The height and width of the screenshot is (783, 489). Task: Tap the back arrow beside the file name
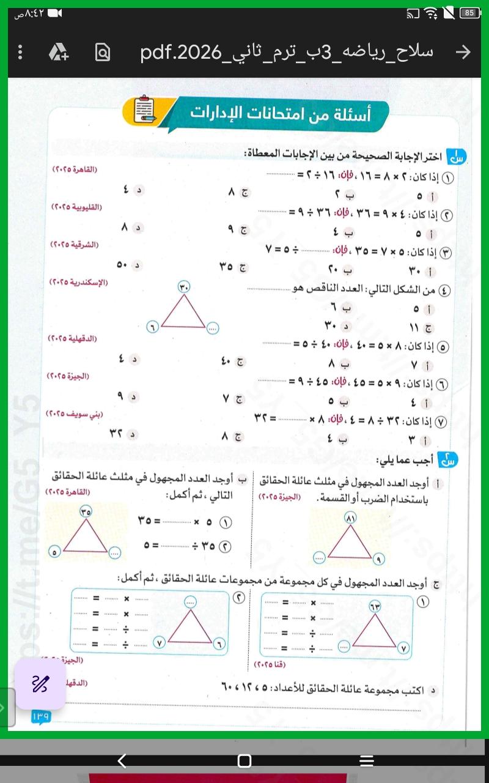[464, 53]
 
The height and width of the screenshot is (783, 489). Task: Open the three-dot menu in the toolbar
[20, 53]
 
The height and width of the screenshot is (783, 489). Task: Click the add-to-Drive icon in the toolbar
[59, 53]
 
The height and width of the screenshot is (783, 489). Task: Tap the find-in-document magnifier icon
[103, 53]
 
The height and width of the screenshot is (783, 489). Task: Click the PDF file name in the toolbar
[286, 53]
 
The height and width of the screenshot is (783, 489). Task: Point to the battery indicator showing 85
[469, 12]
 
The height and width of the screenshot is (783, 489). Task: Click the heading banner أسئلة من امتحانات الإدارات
[281, 113]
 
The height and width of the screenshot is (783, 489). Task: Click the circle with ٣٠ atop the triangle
[185, 286]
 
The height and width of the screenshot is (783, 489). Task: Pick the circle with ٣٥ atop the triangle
[85, 511]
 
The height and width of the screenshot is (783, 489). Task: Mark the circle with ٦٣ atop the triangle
[374, 605]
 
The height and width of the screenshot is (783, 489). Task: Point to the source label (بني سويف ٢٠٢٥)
[75, 414]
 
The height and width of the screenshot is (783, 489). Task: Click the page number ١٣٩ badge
[42, 716]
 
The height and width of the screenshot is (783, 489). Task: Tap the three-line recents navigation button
[366, 760]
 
